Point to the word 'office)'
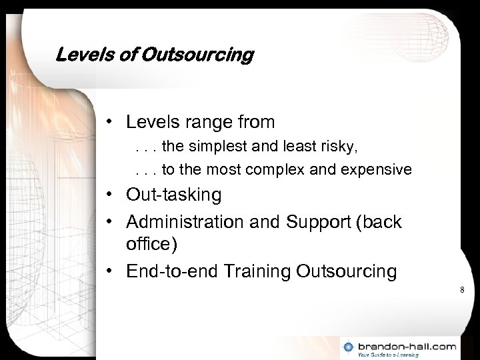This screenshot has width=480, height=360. click(152, 245)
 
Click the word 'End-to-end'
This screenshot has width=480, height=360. click(169, 271)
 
